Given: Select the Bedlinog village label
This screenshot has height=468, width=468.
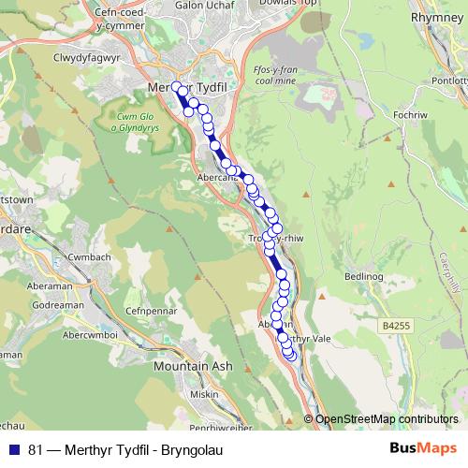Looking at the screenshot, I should pyautogui.click(x=364, y=277).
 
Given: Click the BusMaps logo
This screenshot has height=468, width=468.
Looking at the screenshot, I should pyautogui.click(x=423, y=448).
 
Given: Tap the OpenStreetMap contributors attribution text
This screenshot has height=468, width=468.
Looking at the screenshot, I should pyautogui.click(x=386, y=418).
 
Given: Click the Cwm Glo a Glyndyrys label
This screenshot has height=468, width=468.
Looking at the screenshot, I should pyautogui.click(x=139, y=123).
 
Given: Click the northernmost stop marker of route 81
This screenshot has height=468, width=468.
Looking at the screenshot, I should pyautogui.click(x=175, y=86).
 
